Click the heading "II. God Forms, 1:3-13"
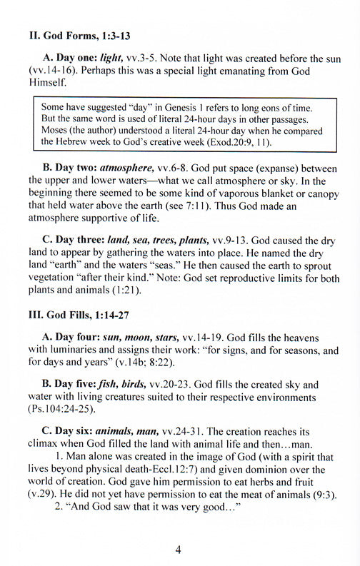(x=75, y=34)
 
